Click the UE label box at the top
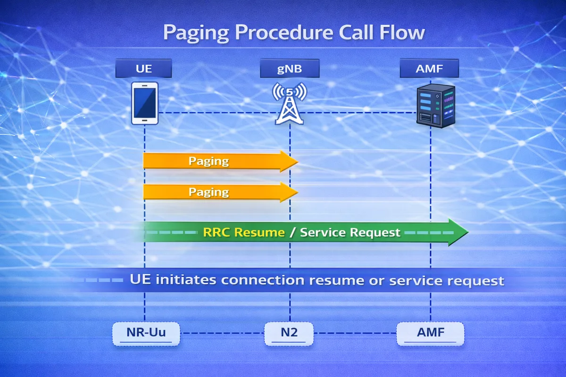click(144, 69)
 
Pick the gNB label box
click(290, 69)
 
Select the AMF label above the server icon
click(429, 69)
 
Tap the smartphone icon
click(144, 103)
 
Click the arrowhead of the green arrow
click(458, 232)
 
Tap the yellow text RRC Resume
click(243, 232)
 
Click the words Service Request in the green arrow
click(350, 232)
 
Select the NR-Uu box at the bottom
click(147, 334)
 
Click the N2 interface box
click(289, 334)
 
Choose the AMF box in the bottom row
click(430, 334)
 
